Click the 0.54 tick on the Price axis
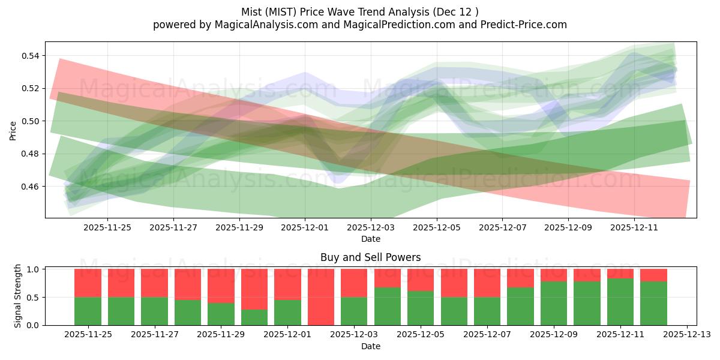[x=31, y=56]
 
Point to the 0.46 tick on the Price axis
[x=31, y=187]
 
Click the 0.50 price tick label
[x=31, y=121]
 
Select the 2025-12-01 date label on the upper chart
[x=305, y=227]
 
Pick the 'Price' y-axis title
[x=13, y=130]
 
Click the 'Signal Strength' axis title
[x=18, y=296]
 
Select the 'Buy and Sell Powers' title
[x=370, y=257]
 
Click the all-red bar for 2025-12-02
[x=320, y=297]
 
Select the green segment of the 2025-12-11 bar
[x=620, y=302]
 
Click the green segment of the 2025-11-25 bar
[x=88, y=311]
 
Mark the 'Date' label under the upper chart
[x=370, y=239]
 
